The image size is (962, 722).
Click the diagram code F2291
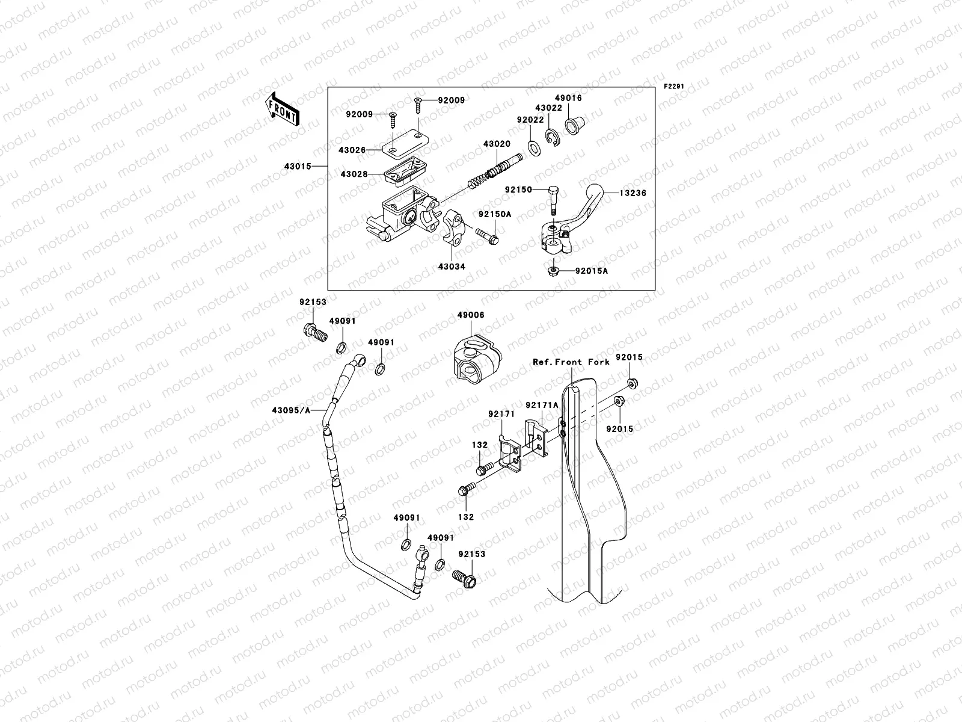click(674, 87)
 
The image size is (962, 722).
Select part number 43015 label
click(299, 166)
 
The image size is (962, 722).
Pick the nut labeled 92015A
click(552, 271)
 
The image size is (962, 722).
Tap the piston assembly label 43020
click(497, 144)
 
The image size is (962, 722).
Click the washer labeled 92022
click(533, 146)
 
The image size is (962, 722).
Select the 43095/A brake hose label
click(290, 410)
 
